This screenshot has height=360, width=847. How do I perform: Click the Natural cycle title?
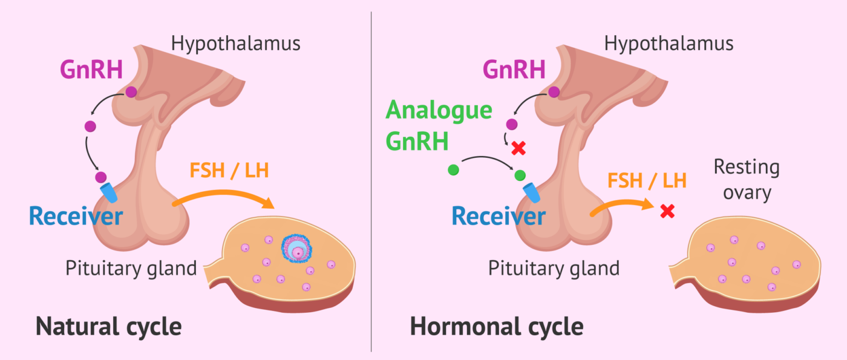click(108, 327)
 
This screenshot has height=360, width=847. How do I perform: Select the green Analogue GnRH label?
click(439, 126)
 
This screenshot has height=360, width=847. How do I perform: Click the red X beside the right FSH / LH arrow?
click(667, 211)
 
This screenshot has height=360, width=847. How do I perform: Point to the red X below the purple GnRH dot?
click(517, 148)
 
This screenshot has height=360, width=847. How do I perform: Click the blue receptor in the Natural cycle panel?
click(110, 192)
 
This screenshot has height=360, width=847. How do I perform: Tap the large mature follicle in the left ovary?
click(296, 248)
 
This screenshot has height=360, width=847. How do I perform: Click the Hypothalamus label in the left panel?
click(235, 44)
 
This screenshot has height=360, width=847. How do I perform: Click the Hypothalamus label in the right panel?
click(669, 44)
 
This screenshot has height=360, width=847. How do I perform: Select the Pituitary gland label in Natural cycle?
click(131, 267)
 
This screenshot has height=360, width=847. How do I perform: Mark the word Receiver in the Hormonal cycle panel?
click(499, 215)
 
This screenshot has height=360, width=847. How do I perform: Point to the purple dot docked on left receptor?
click(100, 177)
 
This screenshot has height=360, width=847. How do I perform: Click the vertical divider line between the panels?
click(371, 182)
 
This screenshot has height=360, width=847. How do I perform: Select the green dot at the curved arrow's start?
click(453, 170)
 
